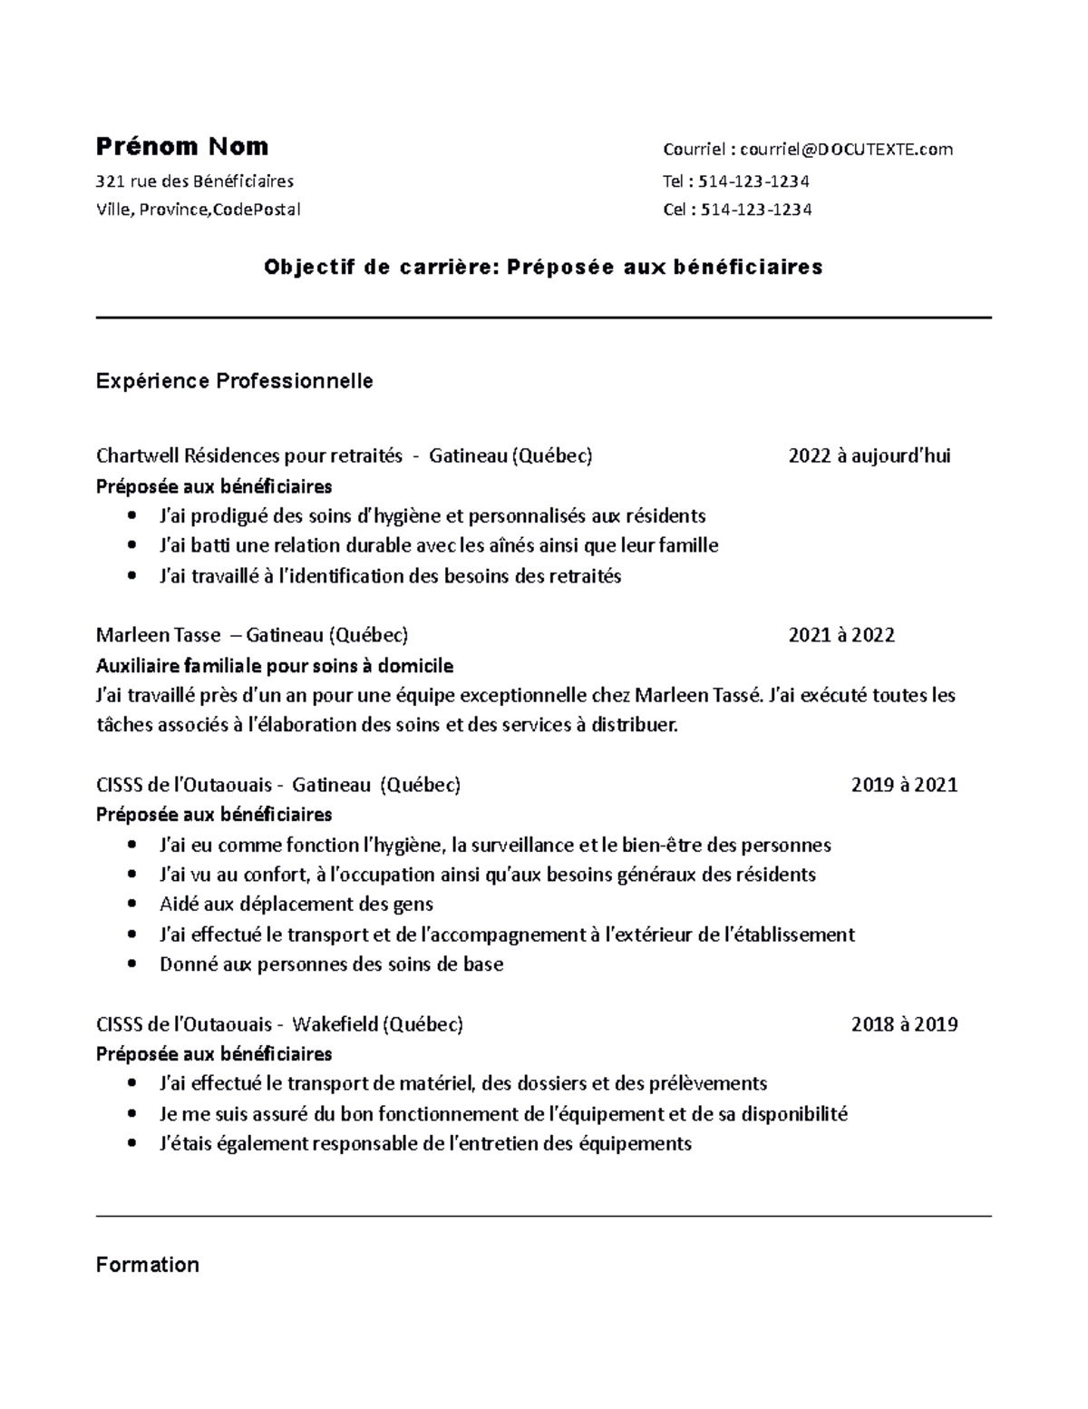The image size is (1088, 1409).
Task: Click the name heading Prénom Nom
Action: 182,147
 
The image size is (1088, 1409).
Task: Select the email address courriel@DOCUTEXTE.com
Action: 846,150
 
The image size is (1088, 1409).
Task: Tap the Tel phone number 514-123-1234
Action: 755,181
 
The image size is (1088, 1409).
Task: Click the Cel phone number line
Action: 737,210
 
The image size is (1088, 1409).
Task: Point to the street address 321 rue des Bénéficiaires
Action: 195,181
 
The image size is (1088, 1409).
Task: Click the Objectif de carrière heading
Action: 543,267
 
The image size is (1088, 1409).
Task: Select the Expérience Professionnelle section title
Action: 234,381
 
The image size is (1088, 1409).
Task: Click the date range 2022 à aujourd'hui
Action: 869,455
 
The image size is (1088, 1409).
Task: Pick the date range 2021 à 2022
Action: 841,635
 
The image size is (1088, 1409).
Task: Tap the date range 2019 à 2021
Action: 904,785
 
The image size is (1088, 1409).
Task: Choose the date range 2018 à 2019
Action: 904,1024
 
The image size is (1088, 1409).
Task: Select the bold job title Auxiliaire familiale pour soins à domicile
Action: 274,666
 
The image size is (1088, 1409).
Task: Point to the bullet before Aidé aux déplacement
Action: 133,905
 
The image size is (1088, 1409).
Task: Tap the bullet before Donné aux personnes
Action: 133,964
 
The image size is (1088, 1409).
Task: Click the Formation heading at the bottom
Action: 147,1265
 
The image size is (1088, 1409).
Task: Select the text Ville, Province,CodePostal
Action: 198,210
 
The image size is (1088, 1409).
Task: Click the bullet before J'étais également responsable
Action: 133,1144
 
